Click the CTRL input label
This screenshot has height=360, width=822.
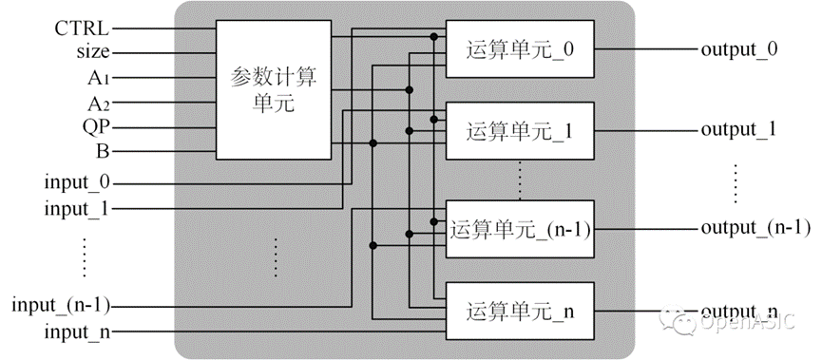click(x=82, y=28)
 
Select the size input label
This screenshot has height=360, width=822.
click(x=93, y=52)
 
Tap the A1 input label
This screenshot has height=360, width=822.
click(x=99, y=78)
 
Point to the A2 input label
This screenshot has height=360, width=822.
click(x=99, y=103)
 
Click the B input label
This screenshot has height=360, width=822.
click(x=104, y=152)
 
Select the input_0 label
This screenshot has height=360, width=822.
click(x=77, y=183)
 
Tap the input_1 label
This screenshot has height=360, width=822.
click(x=77, y=209)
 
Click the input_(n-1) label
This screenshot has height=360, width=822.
click(x=61, y=306)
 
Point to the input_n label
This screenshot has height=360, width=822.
click(x=77, y=332)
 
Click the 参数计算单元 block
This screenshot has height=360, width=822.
click(x=274, y=89)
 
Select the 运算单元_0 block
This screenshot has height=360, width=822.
click(x=520, y=49)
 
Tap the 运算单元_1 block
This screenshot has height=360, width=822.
click(x=520, y=130)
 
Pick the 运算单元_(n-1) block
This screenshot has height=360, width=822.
click(x=520, y=229)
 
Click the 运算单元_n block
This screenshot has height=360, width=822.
click(x=520, y=311)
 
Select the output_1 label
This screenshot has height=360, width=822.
click(x=738, y=130)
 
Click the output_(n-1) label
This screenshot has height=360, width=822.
click(x=755, y=228)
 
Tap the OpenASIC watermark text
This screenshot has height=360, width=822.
click(x=748, y=321)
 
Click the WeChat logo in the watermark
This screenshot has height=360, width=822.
click(x=678, y=319)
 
